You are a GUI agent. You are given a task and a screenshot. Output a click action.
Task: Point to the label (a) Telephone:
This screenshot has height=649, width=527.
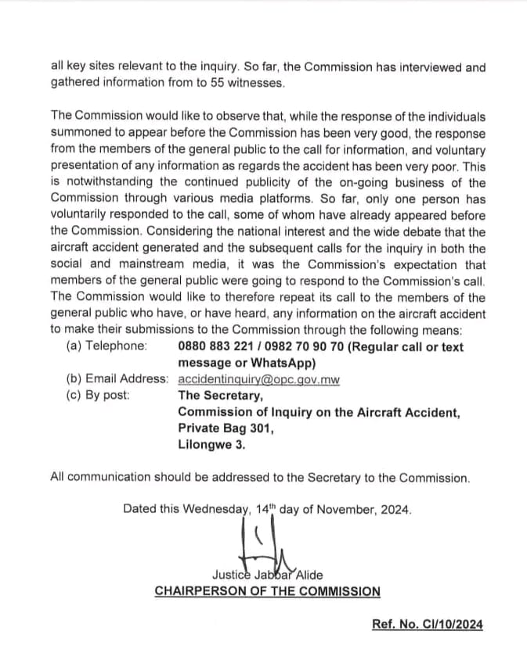(106, 346)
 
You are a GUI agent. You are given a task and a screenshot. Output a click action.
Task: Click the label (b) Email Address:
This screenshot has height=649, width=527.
(117, 379)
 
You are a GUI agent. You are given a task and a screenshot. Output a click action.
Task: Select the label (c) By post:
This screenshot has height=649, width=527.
(99, 395)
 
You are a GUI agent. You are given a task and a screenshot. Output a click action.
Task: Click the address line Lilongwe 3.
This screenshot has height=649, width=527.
(211, 444)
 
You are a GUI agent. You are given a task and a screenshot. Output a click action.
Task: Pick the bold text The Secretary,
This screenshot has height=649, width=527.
(220, 395)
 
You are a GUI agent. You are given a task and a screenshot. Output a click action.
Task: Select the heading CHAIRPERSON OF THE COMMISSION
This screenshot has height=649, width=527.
(267, 590)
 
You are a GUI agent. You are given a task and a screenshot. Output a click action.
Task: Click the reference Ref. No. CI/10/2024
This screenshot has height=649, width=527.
(428, 624)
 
